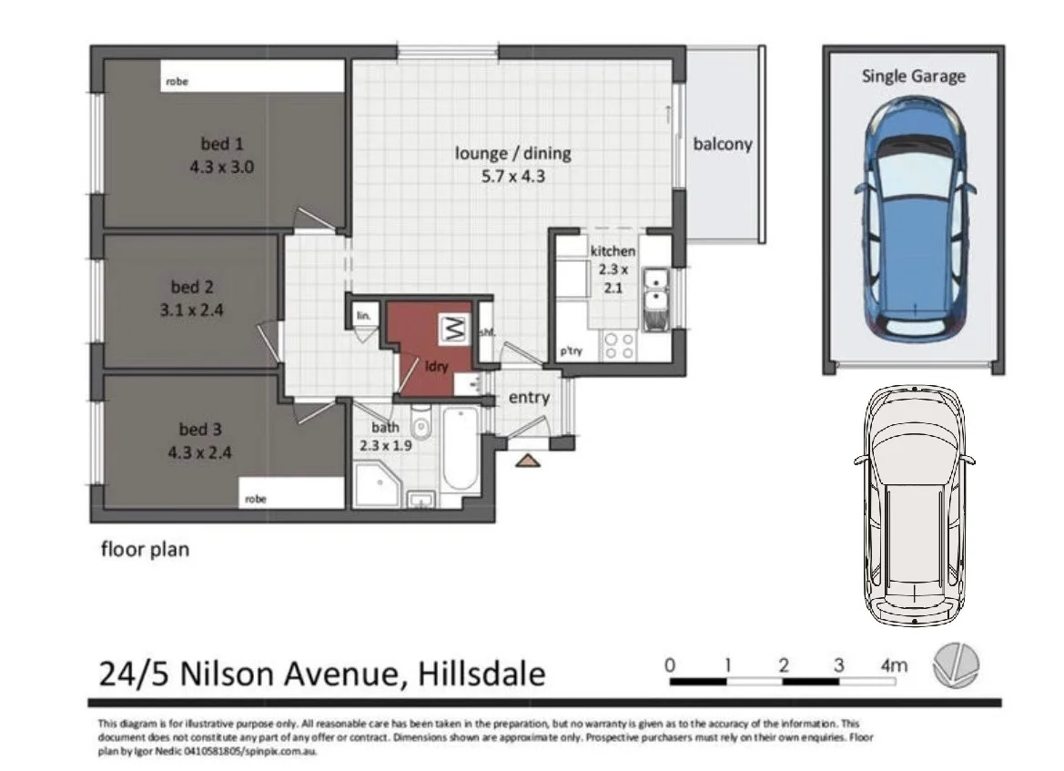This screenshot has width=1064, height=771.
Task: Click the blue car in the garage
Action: coord(913,218)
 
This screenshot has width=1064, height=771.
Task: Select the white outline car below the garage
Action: coord(913,505)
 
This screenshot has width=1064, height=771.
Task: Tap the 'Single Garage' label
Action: coord(913,76)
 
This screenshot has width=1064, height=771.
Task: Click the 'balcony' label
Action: coord(723,144)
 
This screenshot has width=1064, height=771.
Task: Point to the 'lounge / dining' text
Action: coord(512,154)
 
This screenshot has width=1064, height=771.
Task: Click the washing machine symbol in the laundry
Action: coord(452,329)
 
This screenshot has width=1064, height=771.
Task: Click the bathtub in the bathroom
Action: coord(461,451)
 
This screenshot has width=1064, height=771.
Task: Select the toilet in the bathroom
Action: coord(421,425)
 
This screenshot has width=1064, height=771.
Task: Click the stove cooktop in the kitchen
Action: coord(620,346)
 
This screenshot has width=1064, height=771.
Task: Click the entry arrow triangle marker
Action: coord(527,462)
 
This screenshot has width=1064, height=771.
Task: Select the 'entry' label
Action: coord(529,398)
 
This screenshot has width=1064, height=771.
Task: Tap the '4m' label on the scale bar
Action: coord(894,665)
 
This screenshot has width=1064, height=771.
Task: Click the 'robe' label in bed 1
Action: coord(177,82)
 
